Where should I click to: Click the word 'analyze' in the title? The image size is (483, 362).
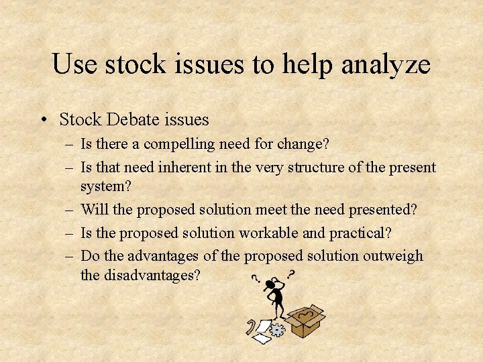coord(386,64)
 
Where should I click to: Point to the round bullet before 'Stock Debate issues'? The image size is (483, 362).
coord(42,120)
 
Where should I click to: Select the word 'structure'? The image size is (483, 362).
coord(319,167)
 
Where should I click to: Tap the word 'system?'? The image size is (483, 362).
coord(105,186)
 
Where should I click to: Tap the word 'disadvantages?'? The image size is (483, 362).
coord(140,275)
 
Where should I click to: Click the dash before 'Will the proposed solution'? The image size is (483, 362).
coord(70,209)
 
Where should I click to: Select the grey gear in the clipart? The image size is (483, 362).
coord(278,330)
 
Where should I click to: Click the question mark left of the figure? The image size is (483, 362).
coord(255,279)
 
